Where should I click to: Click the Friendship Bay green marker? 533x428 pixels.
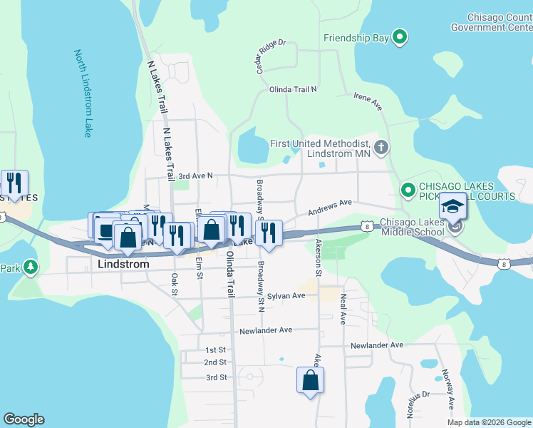[400, 37]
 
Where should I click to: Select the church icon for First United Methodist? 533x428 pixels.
[381, 148]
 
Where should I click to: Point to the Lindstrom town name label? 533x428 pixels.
[123, 264]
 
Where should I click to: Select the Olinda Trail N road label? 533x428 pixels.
[292, 89]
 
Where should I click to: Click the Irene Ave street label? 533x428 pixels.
[368, 101]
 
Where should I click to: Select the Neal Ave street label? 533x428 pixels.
[342, 309]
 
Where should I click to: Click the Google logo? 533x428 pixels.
[24, 419]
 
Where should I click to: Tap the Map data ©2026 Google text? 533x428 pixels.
[489, 422]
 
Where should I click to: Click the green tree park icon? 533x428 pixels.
[30, 267]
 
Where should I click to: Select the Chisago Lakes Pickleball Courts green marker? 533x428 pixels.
[408, 190]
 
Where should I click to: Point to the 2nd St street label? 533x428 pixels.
[214, 362]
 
